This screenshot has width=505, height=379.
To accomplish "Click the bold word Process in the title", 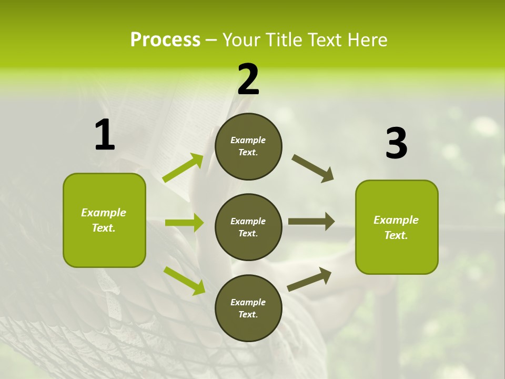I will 165,40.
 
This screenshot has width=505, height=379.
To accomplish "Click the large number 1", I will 105,135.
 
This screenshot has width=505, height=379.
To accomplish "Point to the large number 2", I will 248,79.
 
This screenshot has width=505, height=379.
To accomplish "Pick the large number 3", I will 396,144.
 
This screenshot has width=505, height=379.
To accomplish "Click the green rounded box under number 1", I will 104,220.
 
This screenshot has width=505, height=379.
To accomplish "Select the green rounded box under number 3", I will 397,227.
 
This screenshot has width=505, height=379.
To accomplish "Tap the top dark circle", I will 248,146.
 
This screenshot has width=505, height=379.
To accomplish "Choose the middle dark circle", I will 248,227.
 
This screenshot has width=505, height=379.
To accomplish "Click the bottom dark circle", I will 248,308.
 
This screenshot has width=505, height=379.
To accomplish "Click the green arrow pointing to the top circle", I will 183,168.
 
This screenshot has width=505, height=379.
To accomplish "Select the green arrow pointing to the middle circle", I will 184,223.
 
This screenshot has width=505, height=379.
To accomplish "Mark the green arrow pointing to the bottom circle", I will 184,280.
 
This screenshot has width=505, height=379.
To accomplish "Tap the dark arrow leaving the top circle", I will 313,168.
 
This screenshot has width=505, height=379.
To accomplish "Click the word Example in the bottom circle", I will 248,302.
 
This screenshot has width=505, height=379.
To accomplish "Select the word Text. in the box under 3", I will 396,235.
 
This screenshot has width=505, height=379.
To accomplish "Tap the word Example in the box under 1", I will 104,213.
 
